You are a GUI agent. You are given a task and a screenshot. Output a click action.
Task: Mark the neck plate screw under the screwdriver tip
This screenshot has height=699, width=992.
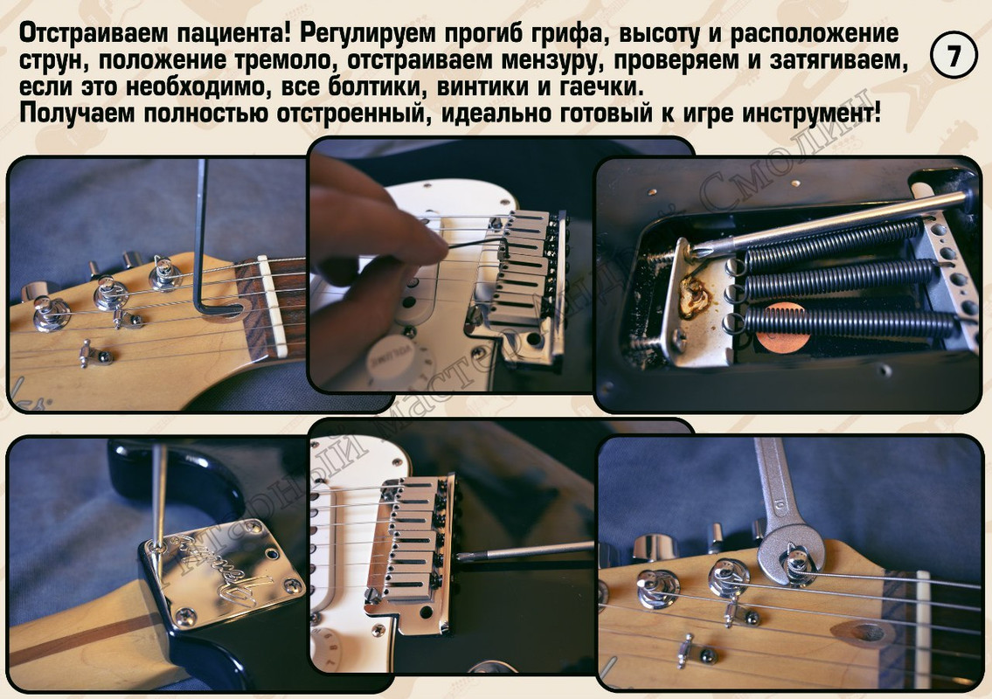(155, 547)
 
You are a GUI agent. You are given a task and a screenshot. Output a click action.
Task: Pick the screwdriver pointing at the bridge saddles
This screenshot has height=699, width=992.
(524, 551)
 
